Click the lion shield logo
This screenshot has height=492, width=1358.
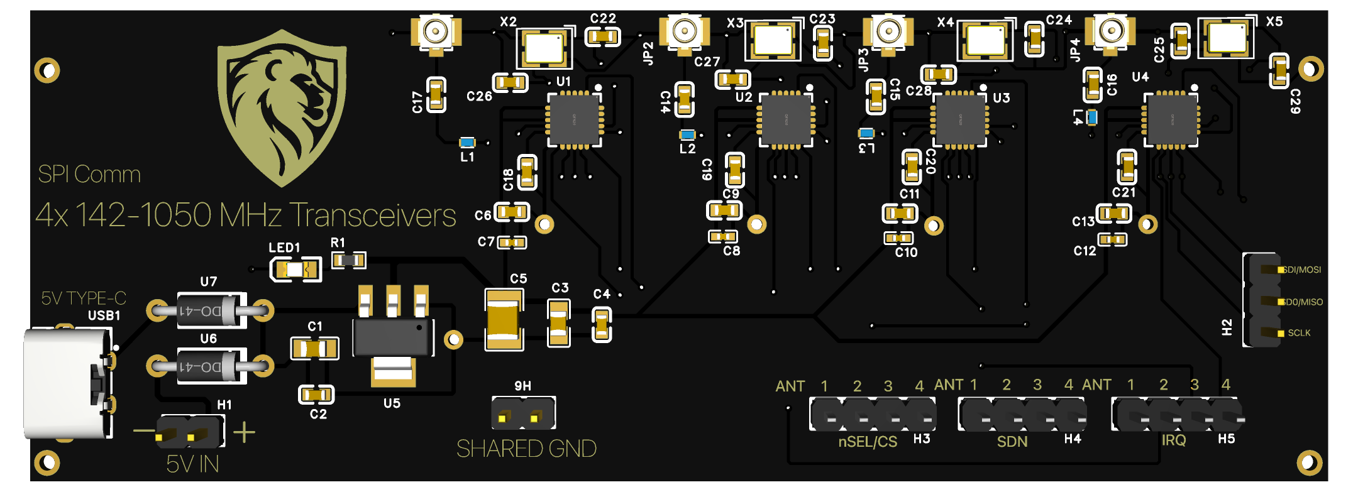282,107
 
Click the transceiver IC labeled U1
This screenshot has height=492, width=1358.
574,120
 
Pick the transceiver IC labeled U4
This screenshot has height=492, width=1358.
1171,119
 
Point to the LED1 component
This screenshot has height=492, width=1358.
295,270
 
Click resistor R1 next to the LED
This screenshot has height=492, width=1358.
348,260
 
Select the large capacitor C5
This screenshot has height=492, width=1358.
504,319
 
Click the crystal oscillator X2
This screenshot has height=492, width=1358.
544,47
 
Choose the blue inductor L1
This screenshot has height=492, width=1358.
467,143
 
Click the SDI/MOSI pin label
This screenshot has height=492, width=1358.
1302,270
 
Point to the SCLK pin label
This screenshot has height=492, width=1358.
1299,333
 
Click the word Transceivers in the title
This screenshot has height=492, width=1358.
372,216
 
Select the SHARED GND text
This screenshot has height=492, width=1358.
526,449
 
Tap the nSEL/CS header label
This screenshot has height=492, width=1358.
868,442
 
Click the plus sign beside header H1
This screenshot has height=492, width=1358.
244,432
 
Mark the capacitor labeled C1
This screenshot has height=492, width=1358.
314,348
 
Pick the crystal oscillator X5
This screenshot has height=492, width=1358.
1226,38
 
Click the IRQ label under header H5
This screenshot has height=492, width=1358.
1173,440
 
